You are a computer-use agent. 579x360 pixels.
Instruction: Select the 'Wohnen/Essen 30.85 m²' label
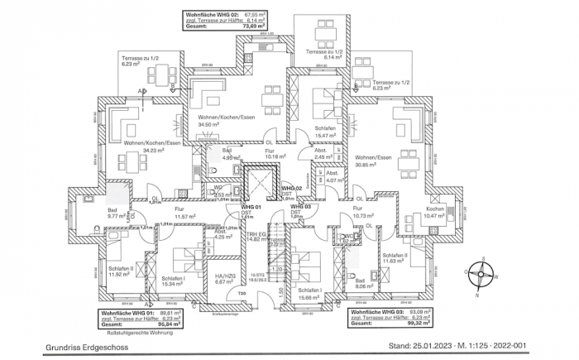pos(374,161)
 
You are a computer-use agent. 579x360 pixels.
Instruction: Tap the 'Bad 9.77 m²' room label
pos(116,214)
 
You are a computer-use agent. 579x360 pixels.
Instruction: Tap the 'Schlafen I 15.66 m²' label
pos(310,294)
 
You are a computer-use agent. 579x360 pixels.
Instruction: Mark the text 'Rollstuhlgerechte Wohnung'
pos(136,334)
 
